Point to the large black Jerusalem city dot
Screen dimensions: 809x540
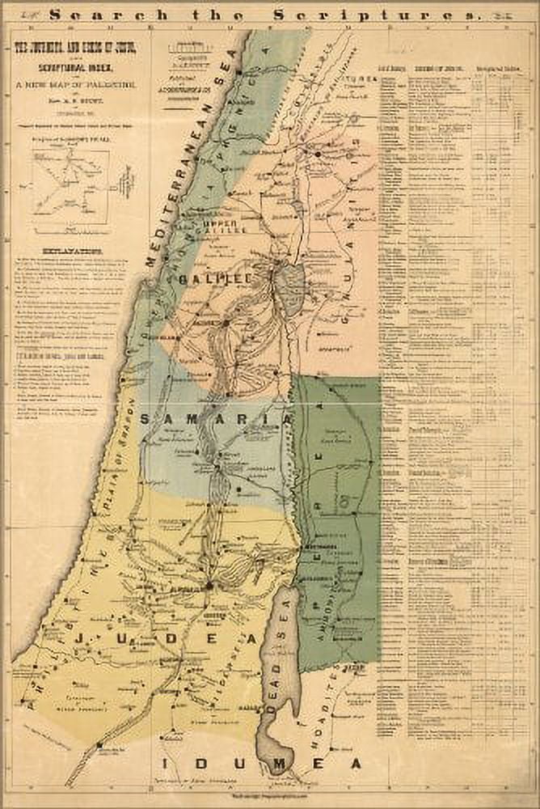click(x=209, y=584)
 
